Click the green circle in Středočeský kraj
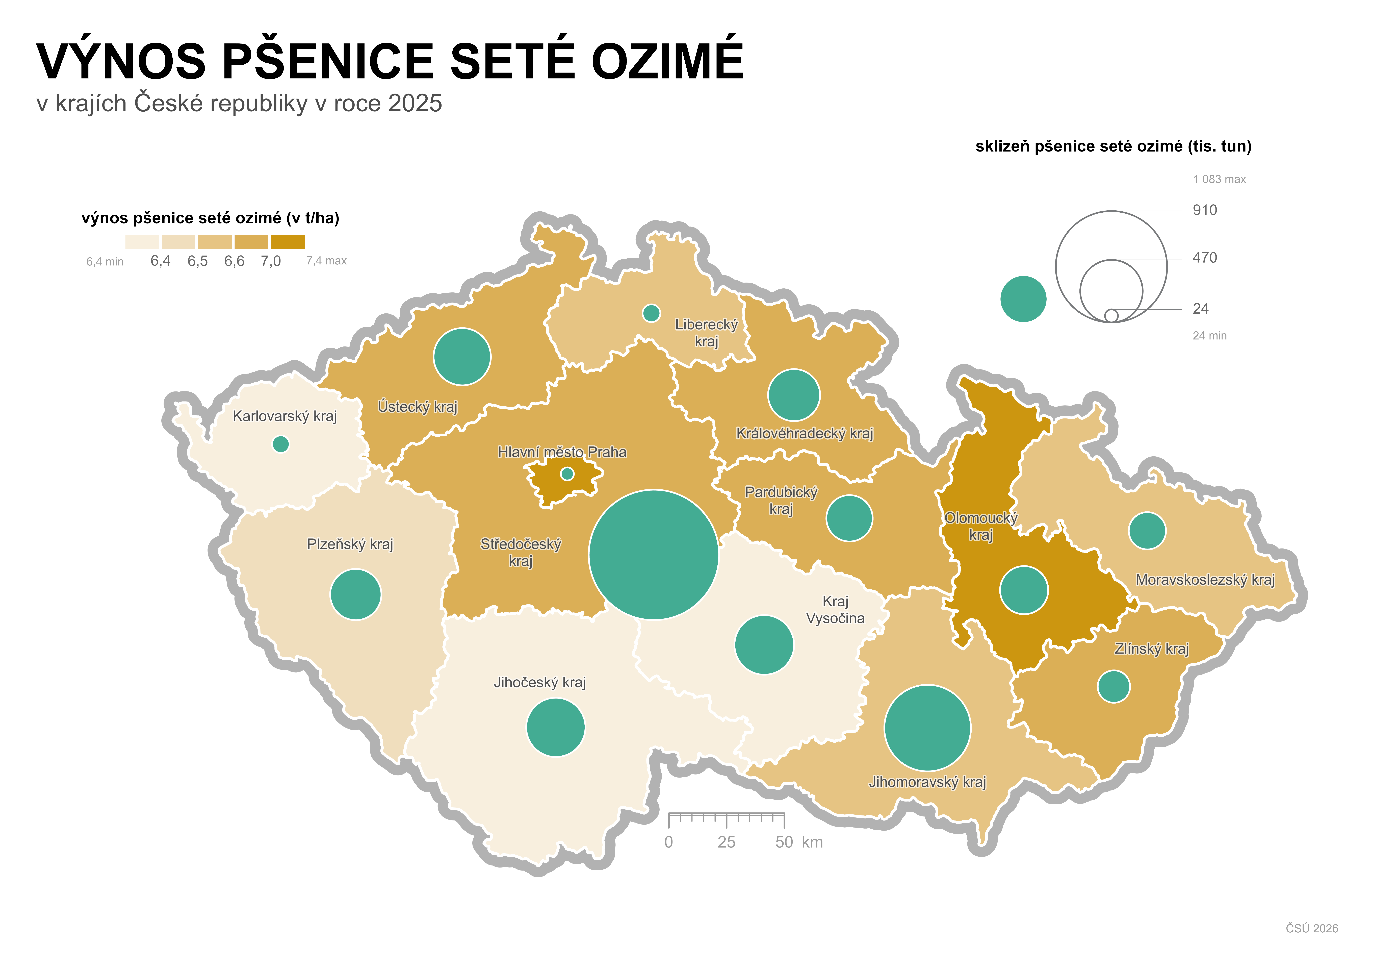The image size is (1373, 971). coord(654,555)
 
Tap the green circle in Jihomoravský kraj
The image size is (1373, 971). coord(927,728)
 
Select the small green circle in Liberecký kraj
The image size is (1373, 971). coord(651,313)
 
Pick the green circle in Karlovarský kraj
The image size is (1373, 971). coord(280,444)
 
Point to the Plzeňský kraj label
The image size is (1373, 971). coord(350,544)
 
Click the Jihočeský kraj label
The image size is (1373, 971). coord(539,683)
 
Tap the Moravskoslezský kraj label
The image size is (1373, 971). coord(1205,580)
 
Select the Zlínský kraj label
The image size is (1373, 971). coord(1152,649)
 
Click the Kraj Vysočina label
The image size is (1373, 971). coord(835,610)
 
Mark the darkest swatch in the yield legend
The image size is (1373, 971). coord(288,242)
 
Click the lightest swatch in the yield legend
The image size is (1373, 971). coord(142,242)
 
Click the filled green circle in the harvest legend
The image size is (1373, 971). coord(1023,299)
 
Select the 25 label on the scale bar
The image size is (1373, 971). coord(727,842)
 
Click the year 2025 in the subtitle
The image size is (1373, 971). coord(415,104)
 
